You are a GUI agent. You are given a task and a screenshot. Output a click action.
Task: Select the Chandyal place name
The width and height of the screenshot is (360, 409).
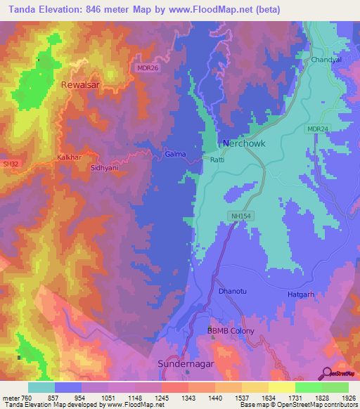(x=326, y=60)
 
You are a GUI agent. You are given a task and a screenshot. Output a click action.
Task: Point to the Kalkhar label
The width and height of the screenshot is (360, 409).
(x=71, y=159)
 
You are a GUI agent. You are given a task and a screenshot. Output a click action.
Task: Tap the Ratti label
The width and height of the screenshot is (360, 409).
(x=217, y=159)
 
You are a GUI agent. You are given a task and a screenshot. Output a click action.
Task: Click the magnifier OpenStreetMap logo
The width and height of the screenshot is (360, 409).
(x=327, y=374)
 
